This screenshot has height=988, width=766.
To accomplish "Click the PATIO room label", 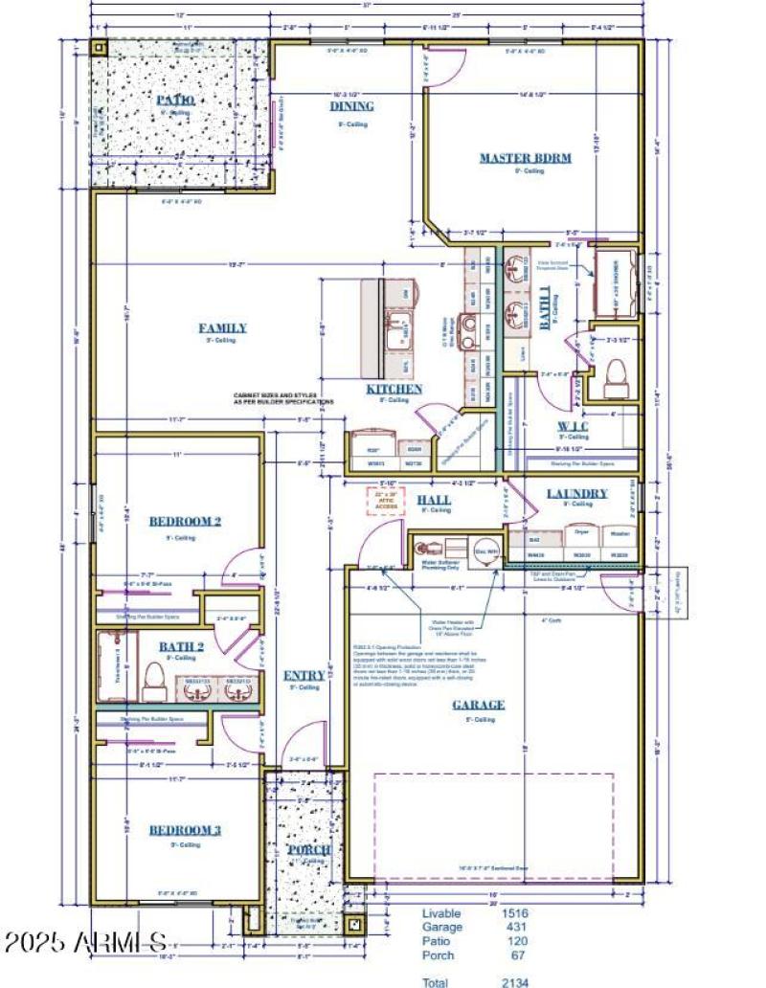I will pyautogui.click(x=175, y=100).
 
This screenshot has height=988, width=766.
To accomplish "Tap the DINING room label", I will pyautogui.click(x=352, y=106).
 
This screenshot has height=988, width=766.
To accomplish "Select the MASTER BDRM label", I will pyautogui.click(x=525, y=158).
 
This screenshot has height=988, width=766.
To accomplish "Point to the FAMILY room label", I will pyautogui.click(x=222, y=327).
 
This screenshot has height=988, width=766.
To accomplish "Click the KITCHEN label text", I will pyautogui.click(x=394, y=389).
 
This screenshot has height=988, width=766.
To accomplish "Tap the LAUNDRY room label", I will pyautogui.click(x=576, y=494).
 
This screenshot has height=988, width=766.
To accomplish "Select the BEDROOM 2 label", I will pyautogui.click(x=185, y=522).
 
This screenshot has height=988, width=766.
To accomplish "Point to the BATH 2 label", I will pyautogui.click(x=181, y=647).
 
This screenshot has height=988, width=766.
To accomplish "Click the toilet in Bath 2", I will pyautogui.click(x=152, y=682).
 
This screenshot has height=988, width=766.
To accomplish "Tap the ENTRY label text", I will pyautogui.click(x=304, y=676).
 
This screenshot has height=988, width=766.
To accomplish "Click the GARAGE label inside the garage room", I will pyautogui.click(x=479, y=705).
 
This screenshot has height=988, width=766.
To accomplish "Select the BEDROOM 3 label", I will pyautogui.click(x=184, y=830).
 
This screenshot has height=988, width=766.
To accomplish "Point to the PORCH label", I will pyautogui.click(x=308, y=850).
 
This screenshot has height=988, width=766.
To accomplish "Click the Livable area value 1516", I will pyautogui.click(x=515, y=914).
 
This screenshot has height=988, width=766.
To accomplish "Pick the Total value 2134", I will pyautogui.click(x=515, y=981).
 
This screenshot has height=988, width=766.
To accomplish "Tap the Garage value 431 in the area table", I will pyautogui.click(x=515, y=928).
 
